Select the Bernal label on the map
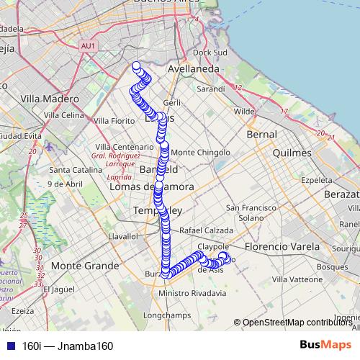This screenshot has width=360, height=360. pyautogui.click(x=261, y=135)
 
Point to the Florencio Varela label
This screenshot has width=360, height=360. pyautogui.click(x=277, y=246)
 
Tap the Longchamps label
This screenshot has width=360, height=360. pyautogui.click(x=166, y=315)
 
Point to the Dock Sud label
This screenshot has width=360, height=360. pyautogui.click(x=210, y=53)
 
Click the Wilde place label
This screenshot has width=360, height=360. pyautogui.click(x=245, y=112)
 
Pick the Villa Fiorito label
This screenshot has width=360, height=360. pyautogui.click(x=114, y=120)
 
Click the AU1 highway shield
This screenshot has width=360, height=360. pyautogui.click(x=88, y=46)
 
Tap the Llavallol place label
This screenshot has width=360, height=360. pyautogui.click(x=122, y=235)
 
